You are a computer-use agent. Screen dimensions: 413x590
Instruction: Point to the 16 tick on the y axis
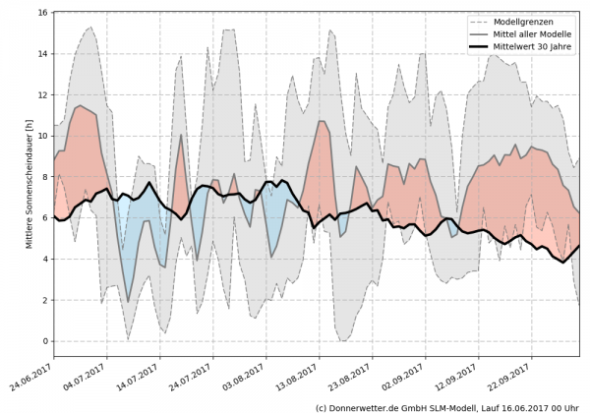point(43,13)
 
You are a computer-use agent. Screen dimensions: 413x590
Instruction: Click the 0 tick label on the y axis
point(45,341)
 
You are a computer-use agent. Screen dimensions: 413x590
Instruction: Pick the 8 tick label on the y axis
point(45,177)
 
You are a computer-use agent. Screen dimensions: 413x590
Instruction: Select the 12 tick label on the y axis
point(43,95)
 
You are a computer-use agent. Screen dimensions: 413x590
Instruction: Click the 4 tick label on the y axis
point(45,260)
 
